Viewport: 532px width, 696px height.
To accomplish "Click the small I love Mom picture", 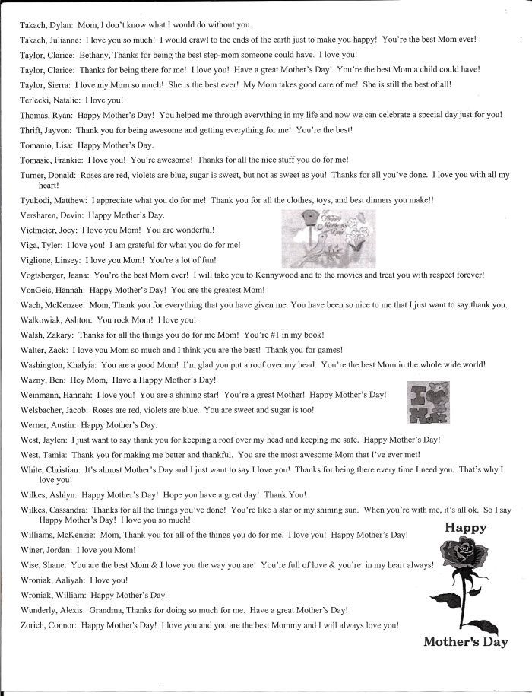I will click(428, 402).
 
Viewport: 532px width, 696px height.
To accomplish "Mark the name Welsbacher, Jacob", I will click(54, 409).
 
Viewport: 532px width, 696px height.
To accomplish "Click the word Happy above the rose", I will click(465, 527).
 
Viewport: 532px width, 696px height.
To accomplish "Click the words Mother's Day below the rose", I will click(466, 641).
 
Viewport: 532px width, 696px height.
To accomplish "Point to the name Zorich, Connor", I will click(48, 625).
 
